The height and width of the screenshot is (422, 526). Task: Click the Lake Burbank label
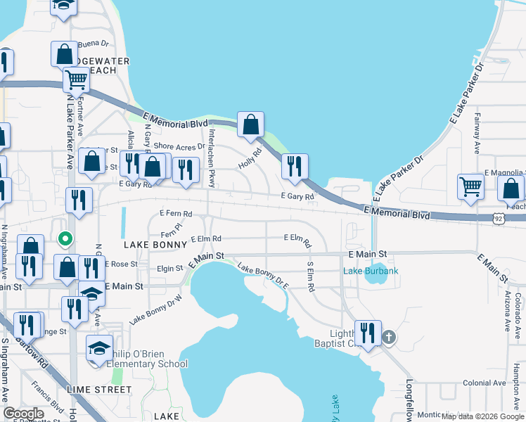371,271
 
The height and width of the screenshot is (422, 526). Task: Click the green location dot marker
65,239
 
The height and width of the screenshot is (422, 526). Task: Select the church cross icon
388,338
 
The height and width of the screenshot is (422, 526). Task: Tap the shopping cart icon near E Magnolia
470,187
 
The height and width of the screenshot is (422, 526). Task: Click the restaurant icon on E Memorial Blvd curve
295,167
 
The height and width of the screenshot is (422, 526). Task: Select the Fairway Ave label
477,134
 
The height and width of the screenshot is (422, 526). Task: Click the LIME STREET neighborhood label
98,389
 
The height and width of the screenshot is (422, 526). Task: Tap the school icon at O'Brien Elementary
99,348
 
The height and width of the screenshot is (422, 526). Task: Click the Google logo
23,414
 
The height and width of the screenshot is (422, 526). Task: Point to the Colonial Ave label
485,383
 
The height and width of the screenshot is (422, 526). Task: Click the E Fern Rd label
176,212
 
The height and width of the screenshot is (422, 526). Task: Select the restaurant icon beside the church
368,333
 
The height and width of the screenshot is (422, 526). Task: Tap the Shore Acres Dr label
179,146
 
